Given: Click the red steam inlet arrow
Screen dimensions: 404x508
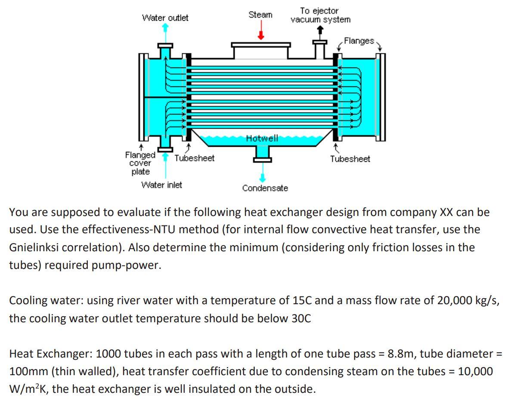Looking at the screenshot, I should [260, 31].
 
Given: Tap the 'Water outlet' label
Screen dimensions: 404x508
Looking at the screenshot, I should [165, 18].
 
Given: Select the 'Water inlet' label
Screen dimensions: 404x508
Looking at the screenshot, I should [161, 185].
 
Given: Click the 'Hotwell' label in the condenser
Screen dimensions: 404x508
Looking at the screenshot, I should [262, 138].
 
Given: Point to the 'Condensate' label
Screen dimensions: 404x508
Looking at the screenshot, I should [265, 188].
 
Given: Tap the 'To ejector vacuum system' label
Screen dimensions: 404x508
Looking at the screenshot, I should [320, 15].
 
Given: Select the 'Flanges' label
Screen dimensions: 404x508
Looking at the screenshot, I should [359, 41].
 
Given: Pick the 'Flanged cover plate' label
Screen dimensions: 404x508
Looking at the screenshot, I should [140, 163].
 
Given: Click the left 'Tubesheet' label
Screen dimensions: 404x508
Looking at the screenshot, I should [194, 158].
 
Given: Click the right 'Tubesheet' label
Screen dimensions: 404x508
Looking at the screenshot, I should [350, 159].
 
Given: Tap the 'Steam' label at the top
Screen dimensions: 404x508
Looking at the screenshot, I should [260, 15].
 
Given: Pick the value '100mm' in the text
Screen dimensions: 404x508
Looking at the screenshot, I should [27, 372].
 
